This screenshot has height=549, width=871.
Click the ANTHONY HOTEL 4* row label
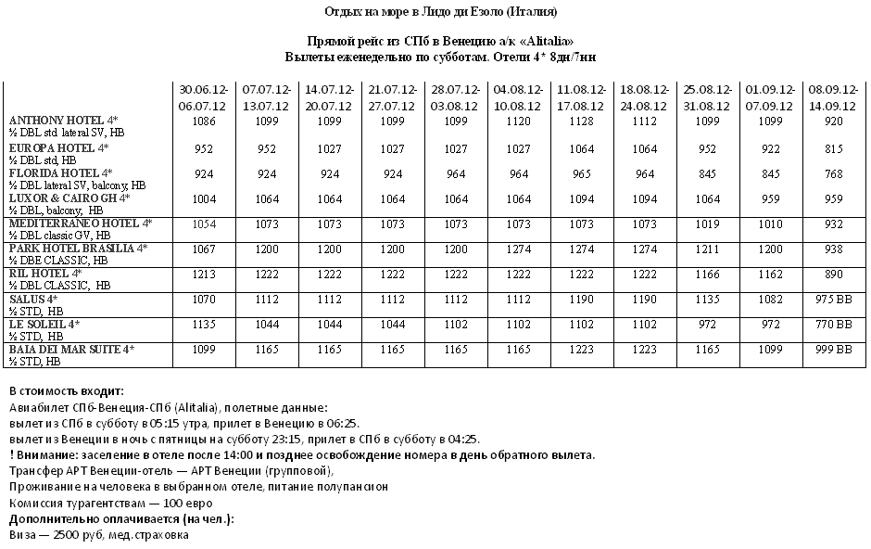coord(63,121)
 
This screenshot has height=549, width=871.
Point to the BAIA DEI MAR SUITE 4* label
coord(71,349)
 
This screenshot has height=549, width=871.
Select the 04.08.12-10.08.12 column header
coord(517,96)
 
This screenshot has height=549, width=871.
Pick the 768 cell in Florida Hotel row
coord(831,173)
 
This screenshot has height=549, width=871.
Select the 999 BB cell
coord(831,351)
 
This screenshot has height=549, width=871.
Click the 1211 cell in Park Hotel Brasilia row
coord(706,250)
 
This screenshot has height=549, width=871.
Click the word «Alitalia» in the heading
coord(546,42)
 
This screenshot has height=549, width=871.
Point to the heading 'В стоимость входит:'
coord(66,391)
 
